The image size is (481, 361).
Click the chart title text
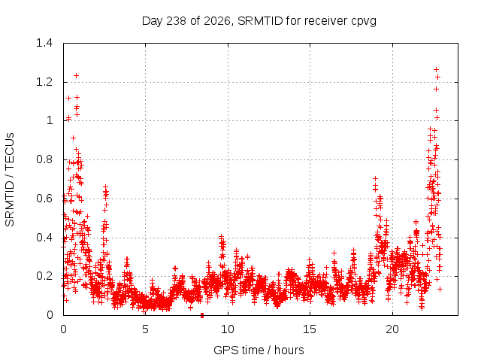[x=259, y=21]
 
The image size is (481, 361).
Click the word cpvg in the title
[x=364, y=22]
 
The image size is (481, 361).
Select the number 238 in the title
[x=176, y=21]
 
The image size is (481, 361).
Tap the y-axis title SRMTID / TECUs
[x=10, y=180]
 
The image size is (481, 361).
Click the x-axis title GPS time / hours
[x=259, y=350]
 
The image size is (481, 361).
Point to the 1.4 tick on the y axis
[x=44, y=43]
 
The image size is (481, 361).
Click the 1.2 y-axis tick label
[x=44, y=82]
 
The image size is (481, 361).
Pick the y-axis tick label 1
[x=50, y=120]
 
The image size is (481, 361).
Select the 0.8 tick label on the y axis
[x=44, y=159]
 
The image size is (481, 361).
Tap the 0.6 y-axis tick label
[x=44, y=199]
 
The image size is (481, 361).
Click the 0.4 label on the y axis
[x=44, y=238]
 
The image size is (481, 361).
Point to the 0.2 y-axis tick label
[x=44, y=276]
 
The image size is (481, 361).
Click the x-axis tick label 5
[x=145, y=329]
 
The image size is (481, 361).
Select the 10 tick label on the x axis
[x=228, y=329]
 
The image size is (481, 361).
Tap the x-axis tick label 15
[x=310, y=329]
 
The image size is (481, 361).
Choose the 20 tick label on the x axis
[x=392, y=329]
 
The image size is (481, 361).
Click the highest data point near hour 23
[x=436, y=70]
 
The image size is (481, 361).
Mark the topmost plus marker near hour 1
[x=76, y=75]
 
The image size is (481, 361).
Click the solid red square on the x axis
[x=202, y=315]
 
